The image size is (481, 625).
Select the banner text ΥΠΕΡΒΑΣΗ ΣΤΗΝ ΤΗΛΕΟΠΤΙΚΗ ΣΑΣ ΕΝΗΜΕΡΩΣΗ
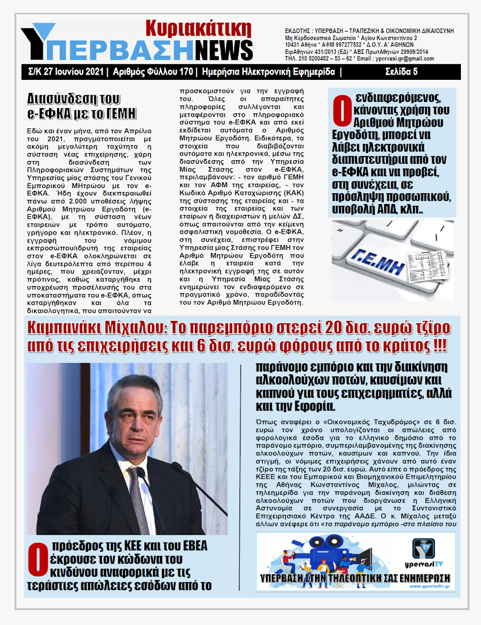point(355,576)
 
